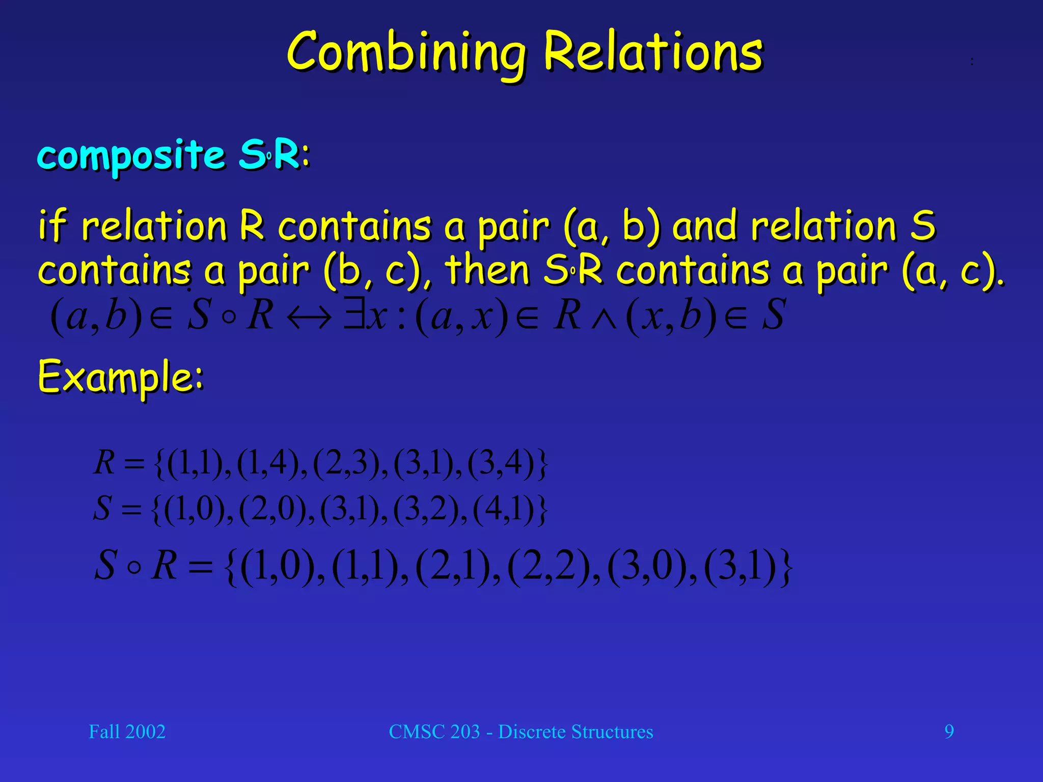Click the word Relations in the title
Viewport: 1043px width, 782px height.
point(653,52)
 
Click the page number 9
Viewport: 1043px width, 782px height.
point(949,732)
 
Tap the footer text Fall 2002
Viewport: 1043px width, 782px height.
point(127,732)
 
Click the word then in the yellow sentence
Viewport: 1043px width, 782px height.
point(486,270)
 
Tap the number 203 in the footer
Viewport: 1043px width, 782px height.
point(465,732)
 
